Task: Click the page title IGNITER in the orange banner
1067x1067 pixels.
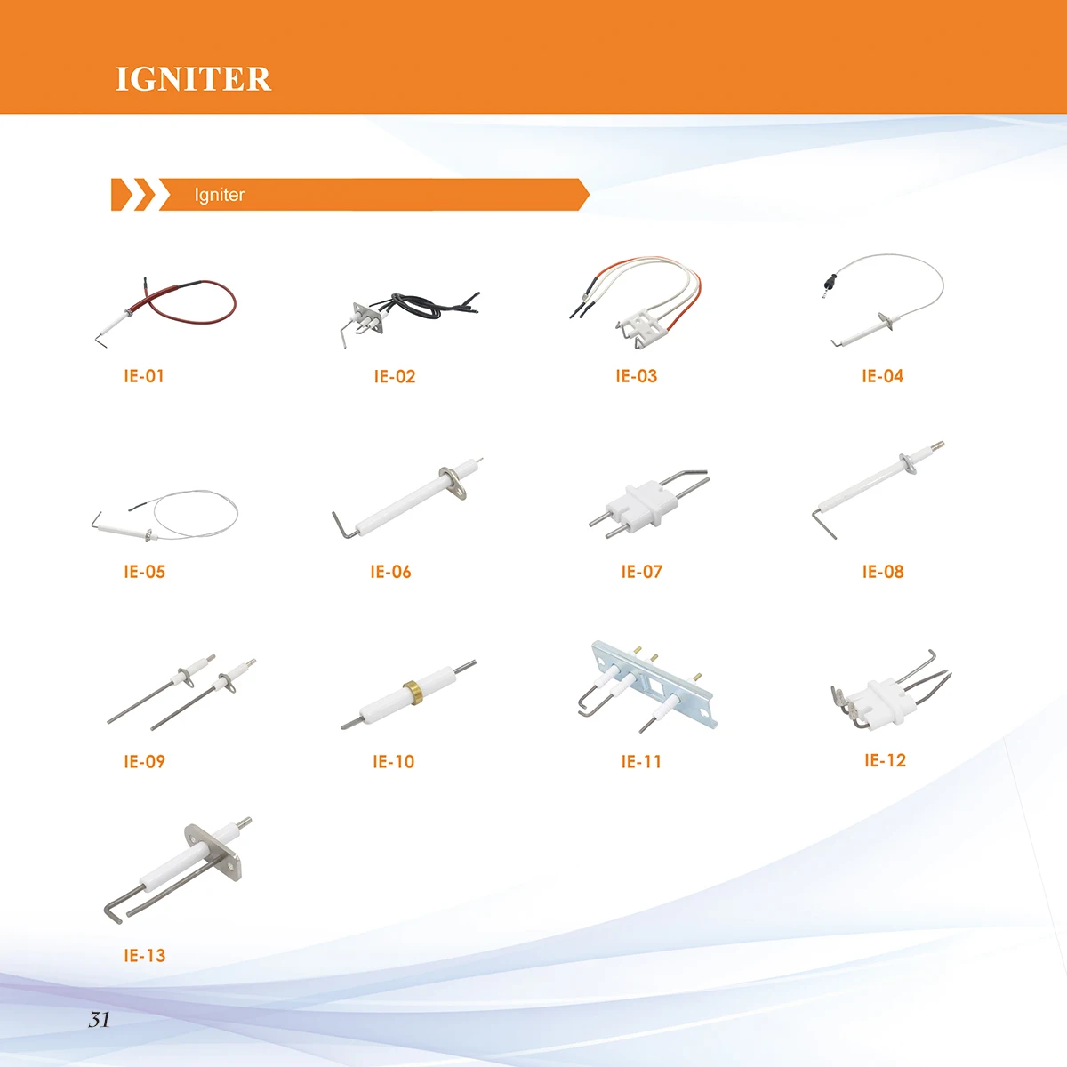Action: [193, 79]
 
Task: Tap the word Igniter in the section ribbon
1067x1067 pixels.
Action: [219, 195]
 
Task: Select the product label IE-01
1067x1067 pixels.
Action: [144, 376]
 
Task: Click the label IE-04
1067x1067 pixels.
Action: [882, 376]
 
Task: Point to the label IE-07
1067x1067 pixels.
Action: [641, 572]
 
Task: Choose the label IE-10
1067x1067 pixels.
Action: [393, 762]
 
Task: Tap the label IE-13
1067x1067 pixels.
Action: [144, 956]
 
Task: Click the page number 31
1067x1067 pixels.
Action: [99, 1020]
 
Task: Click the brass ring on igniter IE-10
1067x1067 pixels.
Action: [411, 690]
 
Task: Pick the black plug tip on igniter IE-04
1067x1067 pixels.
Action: [828, 285]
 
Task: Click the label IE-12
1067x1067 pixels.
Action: [885, 760]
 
